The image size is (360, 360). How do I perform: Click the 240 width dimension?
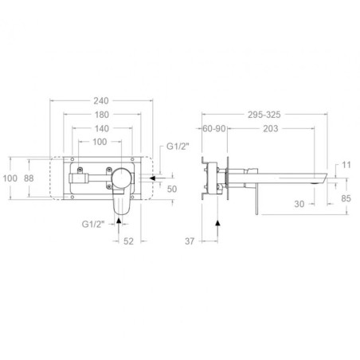(x=101, y=101)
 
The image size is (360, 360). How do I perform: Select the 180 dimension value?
(x=102, y=115)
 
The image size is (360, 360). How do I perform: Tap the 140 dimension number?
(x=102, y=128)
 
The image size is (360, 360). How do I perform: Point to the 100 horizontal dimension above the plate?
(x=100, y=142)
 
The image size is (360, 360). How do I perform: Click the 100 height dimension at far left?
(x=10, y=178)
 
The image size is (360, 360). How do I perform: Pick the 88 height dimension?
(x=29, y=178)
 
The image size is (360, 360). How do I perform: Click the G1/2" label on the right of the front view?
(x=178, y=147)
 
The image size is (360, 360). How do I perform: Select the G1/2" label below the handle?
(x=92, y=224)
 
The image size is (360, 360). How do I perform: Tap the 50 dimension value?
(x=172, y=189)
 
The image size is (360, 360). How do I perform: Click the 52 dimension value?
(x=128, y=241)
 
